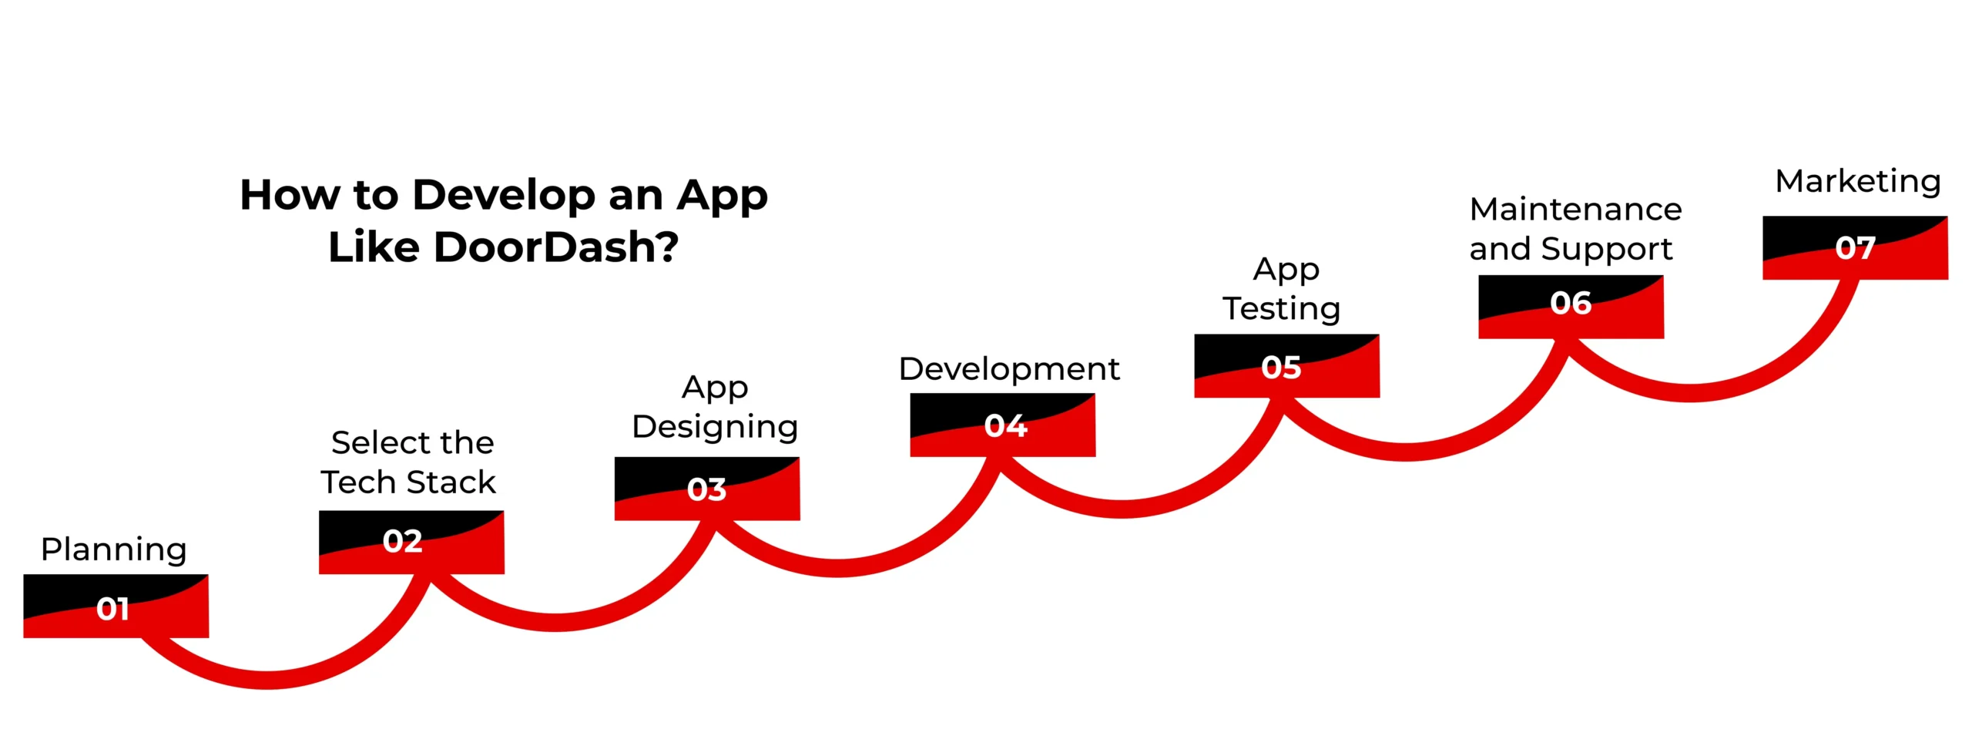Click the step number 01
coord(112,609)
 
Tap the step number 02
coord(402,541)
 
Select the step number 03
coord(706,489)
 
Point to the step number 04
coord(1005,425)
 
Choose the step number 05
coord(1281,368)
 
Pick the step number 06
coord(1571,303)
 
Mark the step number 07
coord(1855,248)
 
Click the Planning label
coord(114,550)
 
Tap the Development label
coord(1008,369)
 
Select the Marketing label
coord(1857,182)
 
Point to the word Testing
coord(1281,310)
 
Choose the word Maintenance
coord(1575,210)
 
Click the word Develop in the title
coord(503,194)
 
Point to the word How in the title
coord(289,194)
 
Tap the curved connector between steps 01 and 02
coord(270,679)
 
